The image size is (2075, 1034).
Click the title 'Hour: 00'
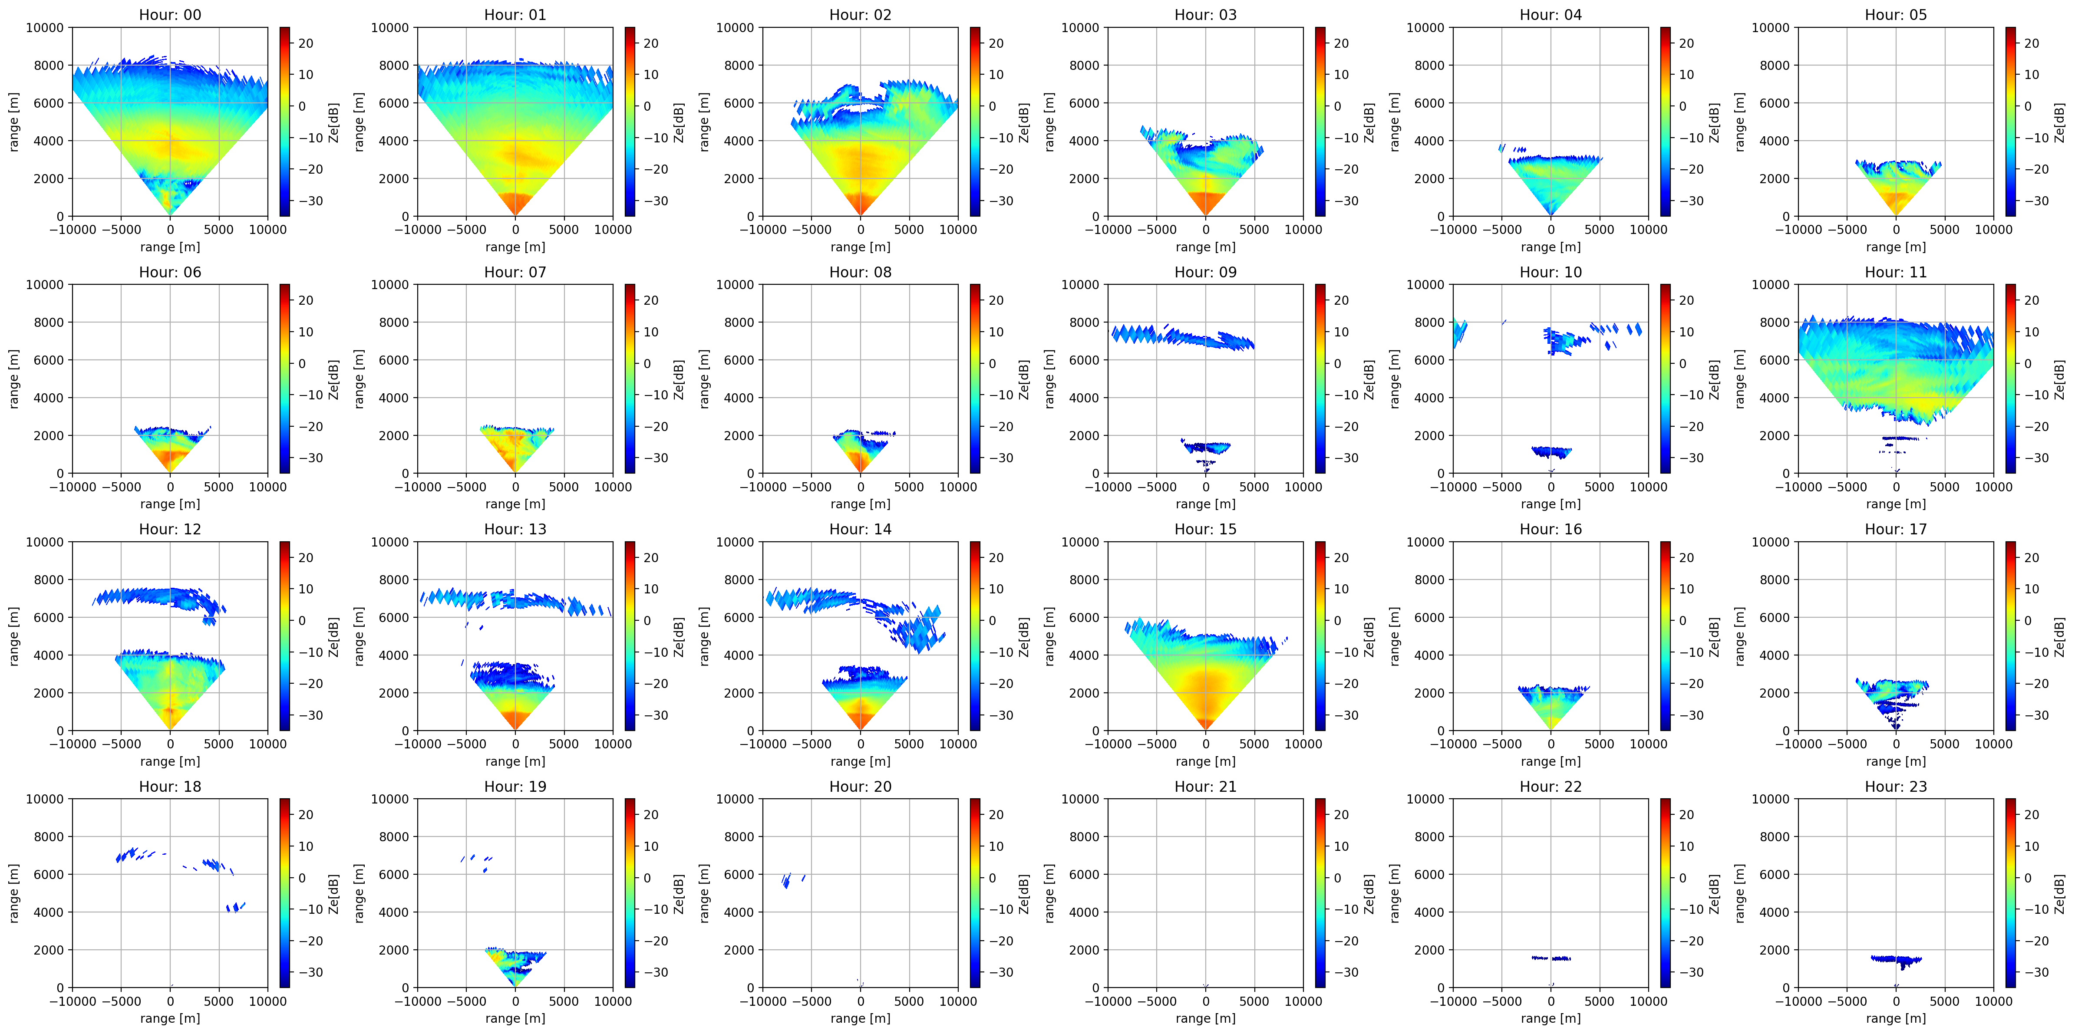coord(170,14)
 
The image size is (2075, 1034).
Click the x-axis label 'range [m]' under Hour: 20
coord(860,1018)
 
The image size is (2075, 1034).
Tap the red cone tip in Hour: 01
coord(515,214)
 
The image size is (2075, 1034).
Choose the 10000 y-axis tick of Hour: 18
coord(44,799)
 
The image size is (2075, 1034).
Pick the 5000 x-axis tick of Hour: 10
coord(1600,487)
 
